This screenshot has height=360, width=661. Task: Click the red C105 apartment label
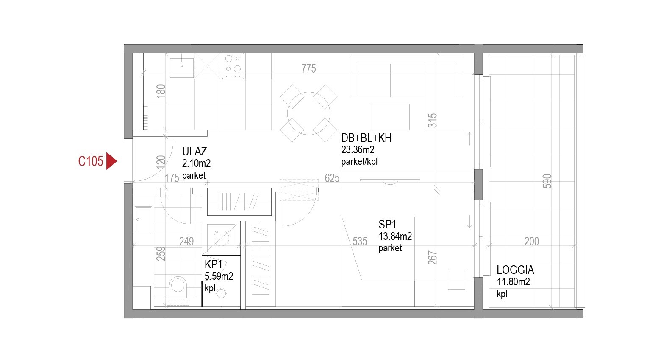click(x=91, y=161)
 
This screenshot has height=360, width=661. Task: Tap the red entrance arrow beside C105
click(x=111, y=161)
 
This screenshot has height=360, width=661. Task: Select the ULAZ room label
click(x=194, y=152)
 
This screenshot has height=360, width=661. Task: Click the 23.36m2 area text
click(x=358, y=150)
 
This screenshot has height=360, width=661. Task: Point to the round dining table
click(x=308, y=113)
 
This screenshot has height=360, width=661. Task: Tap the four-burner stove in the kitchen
click(x=233, y=66)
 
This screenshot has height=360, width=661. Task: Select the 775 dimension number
click(x=308, y=69)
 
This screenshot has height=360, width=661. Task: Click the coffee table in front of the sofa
click(x=390, y=117)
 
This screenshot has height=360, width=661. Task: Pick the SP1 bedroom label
click(x=387, y=225)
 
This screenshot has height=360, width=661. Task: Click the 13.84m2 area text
click(x=395, y=236)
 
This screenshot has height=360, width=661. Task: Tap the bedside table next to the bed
click(x=456, y=280)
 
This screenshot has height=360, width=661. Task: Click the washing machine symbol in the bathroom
click(x=221, y=238)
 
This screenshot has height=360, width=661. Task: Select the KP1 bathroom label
click(x=214, y=264)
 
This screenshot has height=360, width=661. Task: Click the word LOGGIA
click(x=515, y=270)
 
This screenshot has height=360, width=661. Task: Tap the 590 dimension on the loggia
click(x=547, y=181)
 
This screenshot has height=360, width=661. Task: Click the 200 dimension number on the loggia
click(x=532, y=242)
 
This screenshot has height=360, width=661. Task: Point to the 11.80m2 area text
click(x=513, y=282)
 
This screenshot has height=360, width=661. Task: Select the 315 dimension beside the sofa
click(x=432, y=120)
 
